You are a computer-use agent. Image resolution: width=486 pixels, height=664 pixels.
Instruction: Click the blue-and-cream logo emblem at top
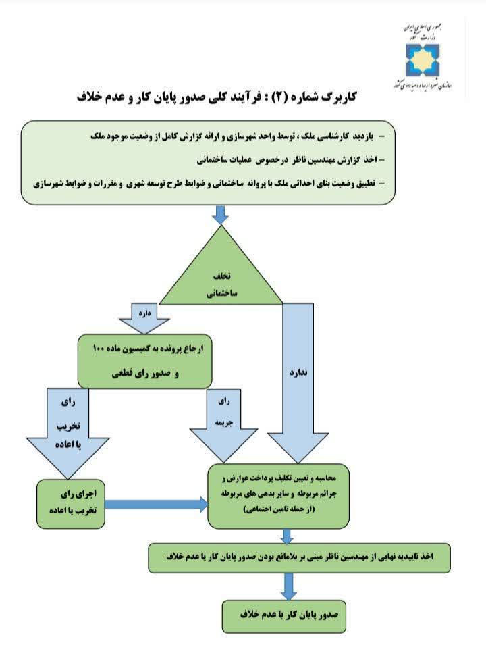pyautogui.click(x=423, y=59)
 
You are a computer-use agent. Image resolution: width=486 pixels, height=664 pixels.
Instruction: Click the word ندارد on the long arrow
pyautogui.click(x=298, y=373)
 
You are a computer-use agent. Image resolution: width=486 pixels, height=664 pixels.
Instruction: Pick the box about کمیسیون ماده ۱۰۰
pyautogui.click(x=144, y=361)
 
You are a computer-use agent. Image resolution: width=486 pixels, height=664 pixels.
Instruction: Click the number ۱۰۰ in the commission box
pyautogui.click(x=99, y=349)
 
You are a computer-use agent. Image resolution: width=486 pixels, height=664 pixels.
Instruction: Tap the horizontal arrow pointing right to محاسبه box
pyautogui.click(x=156, y=505)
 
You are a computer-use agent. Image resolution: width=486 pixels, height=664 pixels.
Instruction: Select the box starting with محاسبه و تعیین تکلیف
pyautogui.click(x=279, y=496)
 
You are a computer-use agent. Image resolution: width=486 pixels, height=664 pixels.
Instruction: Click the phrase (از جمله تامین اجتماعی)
pyautogui.click(x=279, y=509)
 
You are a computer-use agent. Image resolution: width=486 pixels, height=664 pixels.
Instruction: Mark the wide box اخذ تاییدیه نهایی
pyautogui.click(x=299, y=558)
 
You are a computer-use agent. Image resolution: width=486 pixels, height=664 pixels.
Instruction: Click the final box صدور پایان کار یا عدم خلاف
pyautogui.click(x=284, y=616)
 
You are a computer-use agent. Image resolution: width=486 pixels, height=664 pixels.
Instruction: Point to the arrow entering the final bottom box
pyautogui.click(x=288, y=586)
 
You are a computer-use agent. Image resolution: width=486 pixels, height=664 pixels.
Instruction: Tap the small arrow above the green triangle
pyautogui.click(x=221, y=215)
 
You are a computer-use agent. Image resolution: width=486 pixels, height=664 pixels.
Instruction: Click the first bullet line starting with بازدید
pyautogui.click(x=238, y=136)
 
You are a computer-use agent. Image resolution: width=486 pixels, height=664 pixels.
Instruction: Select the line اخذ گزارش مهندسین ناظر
pyautogui.click(x=291, y=160)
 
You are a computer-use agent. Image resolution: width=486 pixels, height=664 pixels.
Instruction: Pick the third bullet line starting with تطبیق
pyautogui.click(x=209, y=184)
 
